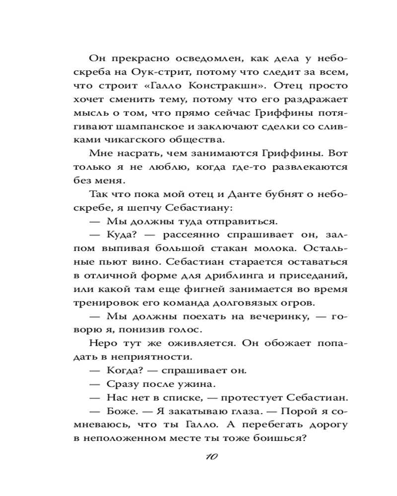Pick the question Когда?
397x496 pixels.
click(123, 371)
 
